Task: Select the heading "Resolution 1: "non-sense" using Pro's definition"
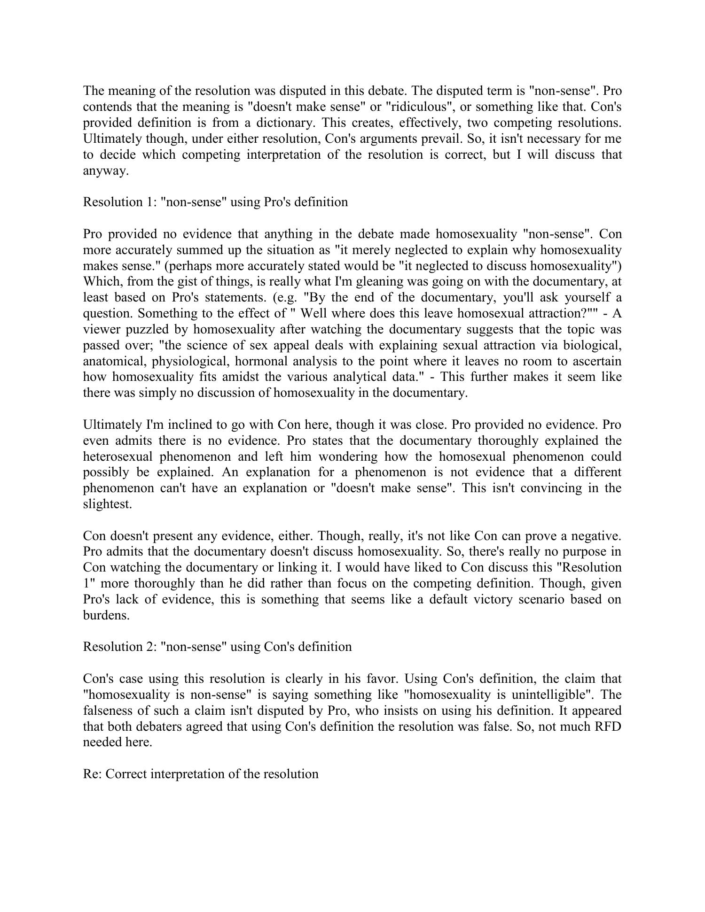[215, 202]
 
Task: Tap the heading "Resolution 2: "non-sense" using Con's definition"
[217, 647]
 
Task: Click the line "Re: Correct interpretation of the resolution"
[201, 774]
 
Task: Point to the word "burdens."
[106, 615]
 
